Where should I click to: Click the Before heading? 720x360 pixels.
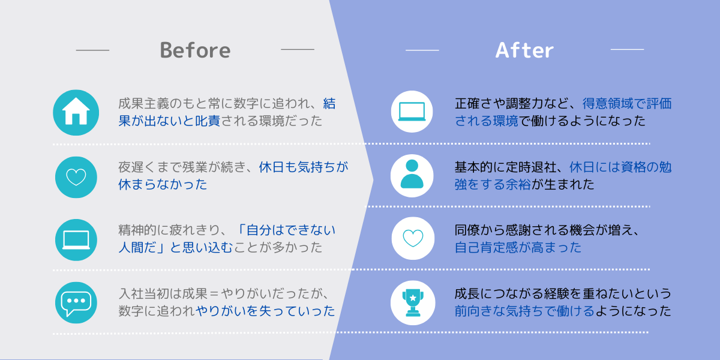pyautogui.click(x=195, y=50)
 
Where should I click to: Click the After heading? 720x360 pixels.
pyautogui.click(x=524, y=50)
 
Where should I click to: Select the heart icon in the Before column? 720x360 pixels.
pyautogui.click(x=76, y=177)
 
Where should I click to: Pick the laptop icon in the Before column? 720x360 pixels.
pyautogui.click(x=76, y=240)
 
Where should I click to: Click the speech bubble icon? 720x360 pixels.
pyautogui.click(x=76, y=303)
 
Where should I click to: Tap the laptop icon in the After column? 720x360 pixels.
pyautogui.click(x=412, y=112)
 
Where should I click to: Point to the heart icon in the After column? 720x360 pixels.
pyautogui.click(x=413, y=238)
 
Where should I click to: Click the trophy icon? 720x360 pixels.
pyautogui.click(x=413, y=303)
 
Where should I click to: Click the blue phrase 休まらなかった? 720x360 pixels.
pyautogui.click(x=163, y=185)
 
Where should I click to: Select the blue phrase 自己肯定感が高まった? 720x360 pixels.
pyautogui.click(x=518, y=247)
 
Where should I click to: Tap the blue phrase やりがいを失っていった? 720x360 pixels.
pyautogui.click(x=265, y=311)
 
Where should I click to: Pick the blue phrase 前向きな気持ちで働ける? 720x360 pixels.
pyautogui.click(x=524, y=311)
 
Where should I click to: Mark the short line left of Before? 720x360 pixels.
pyautogui.click(x=92, y=50)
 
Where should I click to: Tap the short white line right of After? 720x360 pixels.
pyautogui.click(x=627, y=49)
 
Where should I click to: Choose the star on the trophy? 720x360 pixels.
pyautogui.click(x=413, y=298)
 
